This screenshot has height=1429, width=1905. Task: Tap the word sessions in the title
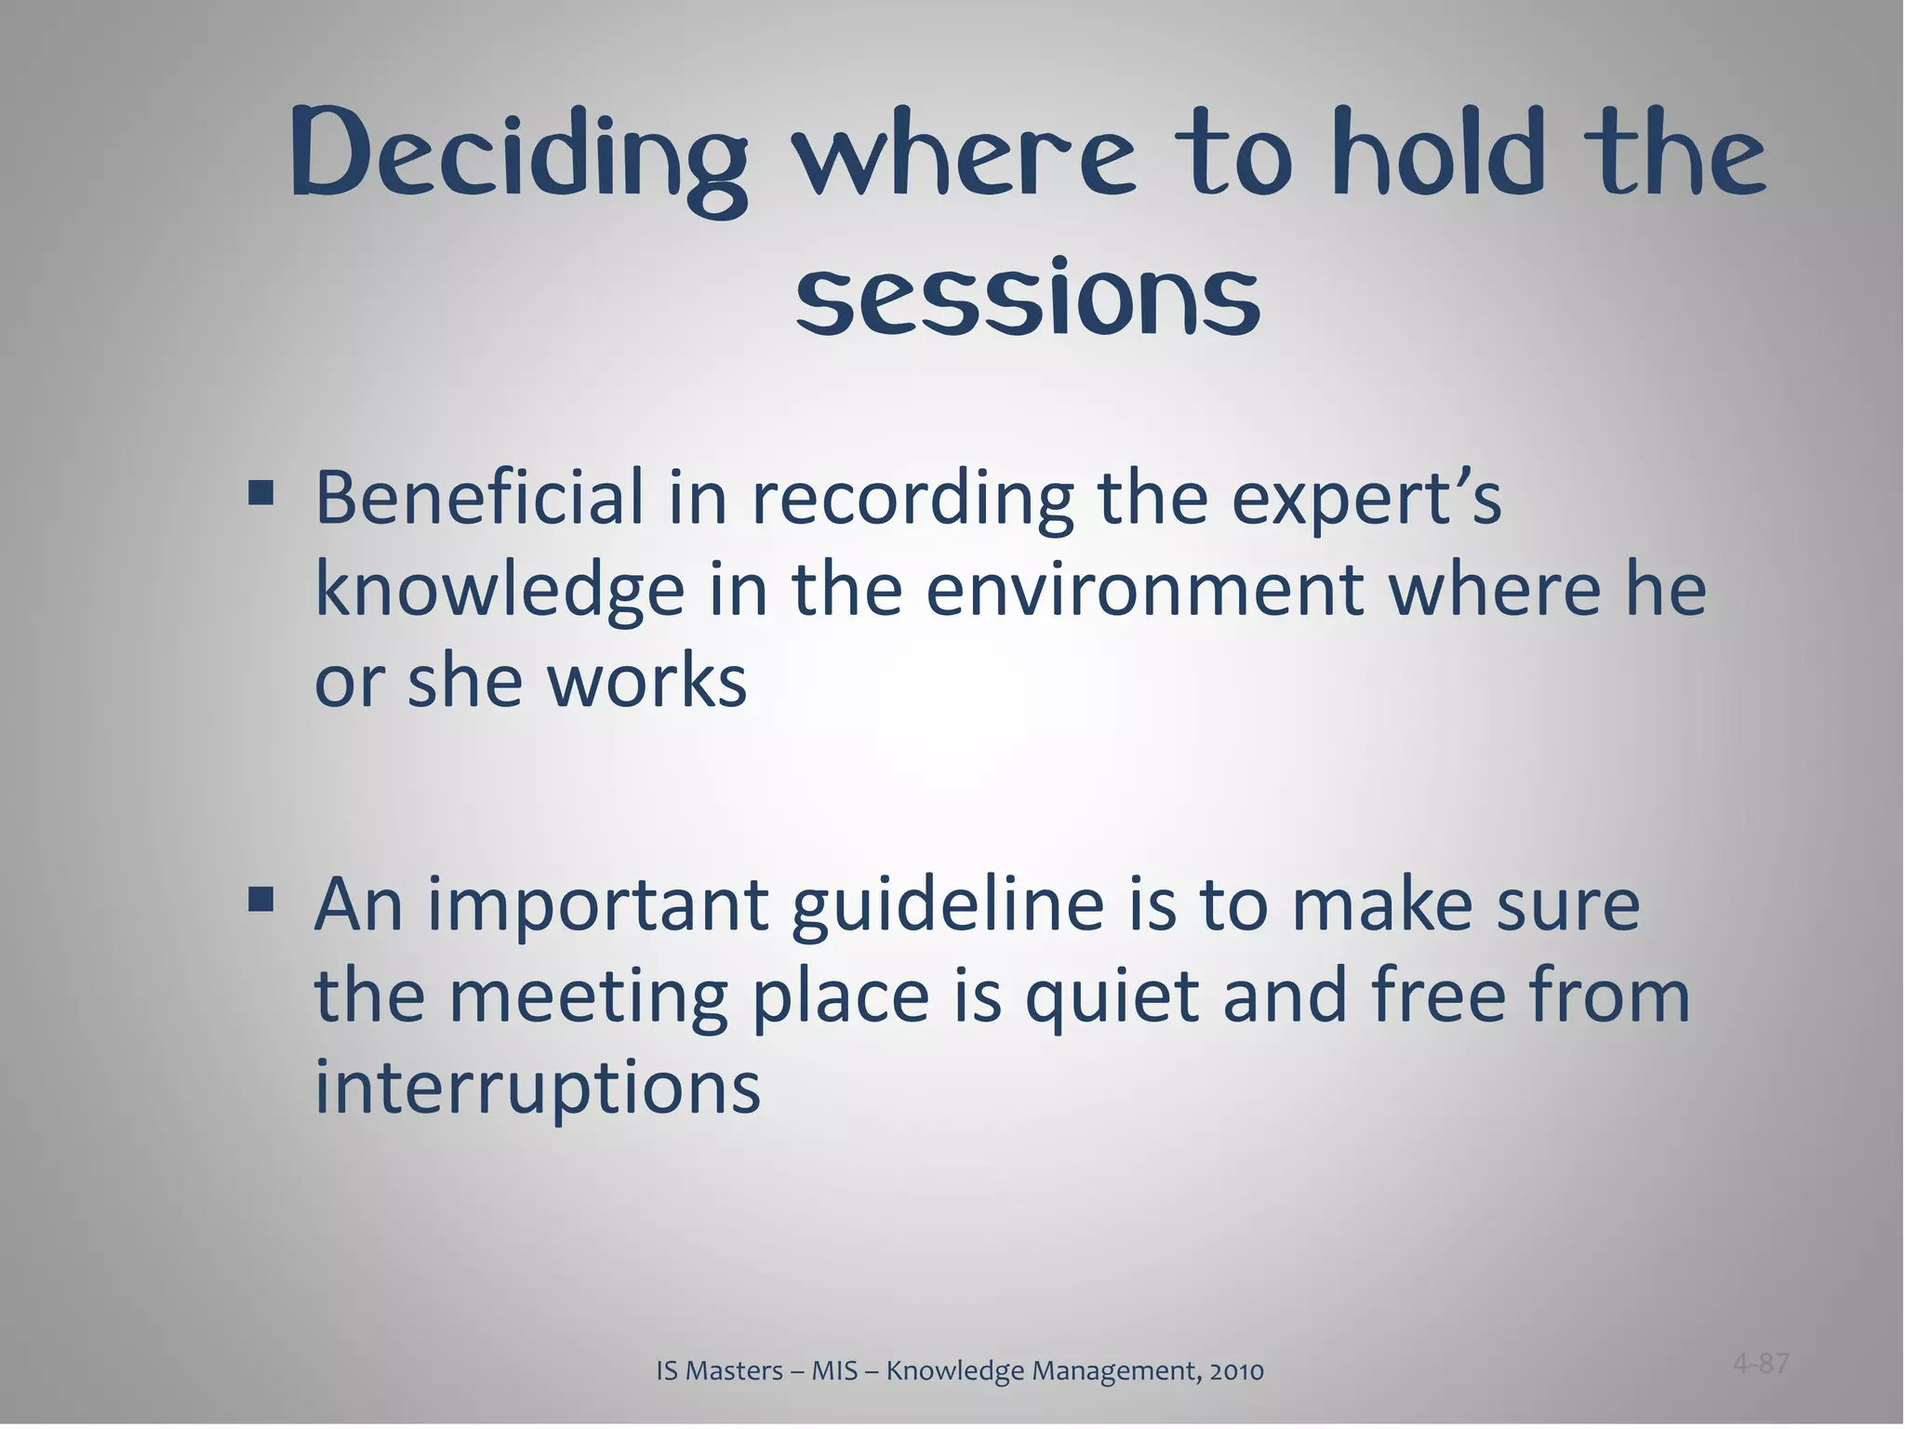[x=1028, y=296]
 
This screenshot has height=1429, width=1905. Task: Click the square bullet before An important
[x=260, y=899]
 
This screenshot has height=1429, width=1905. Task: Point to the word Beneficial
[x=479, y=498]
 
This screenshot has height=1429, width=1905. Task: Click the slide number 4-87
[x=1761, y=1364]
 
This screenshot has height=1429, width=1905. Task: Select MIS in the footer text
[x=834, y=1371]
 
